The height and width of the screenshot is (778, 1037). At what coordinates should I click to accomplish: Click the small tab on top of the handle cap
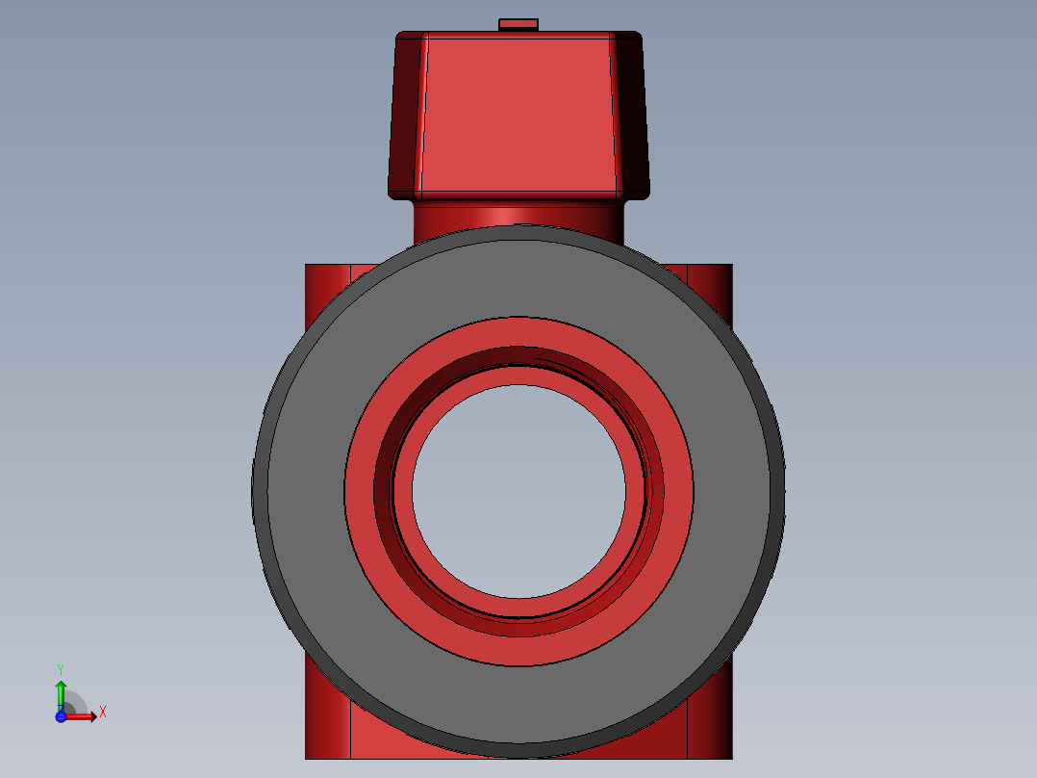(518, 24)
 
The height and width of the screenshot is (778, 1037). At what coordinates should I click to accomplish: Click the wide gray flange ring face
(311, 491)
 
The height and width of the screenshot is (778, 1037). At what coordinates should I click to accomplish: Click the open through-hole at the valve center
(518, 491)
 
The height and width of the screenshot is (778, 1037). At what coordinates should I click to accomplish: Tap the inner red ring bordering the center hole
(403, 491)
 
